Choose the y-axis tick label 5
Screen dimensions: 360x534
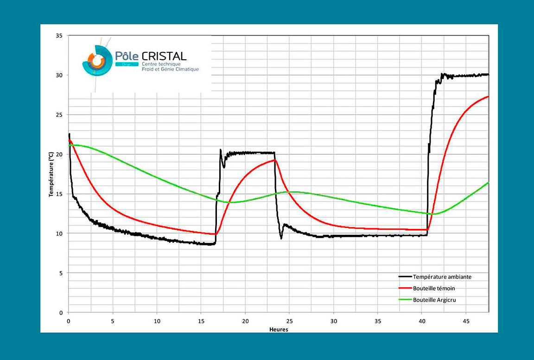[61, 273]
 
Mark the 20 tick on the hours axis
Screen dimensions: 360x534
[245, 321]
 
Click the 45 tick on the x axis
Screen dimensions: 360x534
[466, 321]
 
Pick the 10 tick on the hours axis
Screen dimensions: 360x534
[157, 321]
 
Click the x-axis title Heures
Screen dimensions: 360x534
[279, 329]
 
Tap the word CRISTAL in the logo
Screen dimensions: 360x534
[165, 56]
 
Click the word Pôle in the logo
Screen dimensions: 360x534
[127, 56]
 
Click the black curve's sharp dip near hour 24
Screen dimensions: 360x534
[281, 238]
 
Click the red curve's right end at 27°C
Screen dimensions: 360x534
[488, 96]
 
